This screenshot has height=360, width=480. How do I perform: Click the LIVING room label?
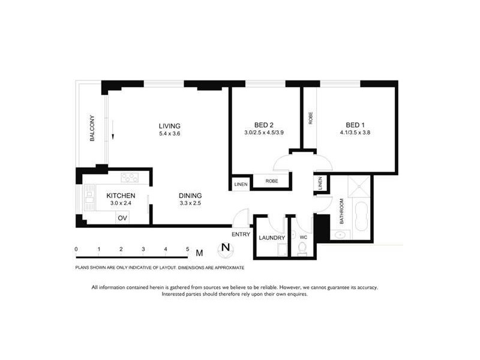tap(169, 126)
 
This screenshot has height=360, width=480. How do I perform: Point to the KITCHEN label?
tap(120, 196)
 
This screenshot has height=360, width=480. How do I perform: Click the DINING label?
tap(190, 196)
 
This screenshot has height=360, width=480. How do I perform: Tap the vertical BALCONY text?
tap(92, 128)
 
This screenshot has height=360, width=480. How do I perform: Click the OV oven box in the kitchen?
tap(122, 218)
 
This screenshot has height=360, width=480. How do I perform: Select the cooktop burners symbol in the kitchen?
tap(130, 177)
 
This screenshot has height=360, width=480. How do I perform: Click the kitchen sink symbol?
tap(90, 197)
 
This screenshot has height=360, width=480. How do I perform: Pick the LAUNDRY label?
tap(271, 238)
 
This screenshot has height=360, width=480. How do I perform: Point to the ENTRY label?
tap(241, 234)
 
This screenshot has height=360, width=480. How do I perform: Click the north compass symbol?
tap(225, 247)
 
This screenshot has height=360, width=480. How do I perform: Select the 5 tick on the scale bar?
tap(188, 248)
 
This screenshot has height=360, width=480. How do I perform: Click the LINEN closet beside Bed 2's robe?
tap(240, 183)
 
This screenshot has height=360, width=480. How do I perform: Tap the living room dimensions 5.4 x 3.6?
tap(169, 134)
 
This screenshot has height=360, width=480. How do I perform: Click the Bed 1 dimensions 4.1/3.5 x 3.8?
tap(350, 133)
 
